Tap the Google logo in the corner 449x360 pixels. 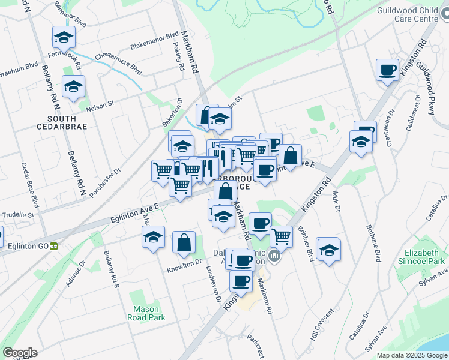pyautogui.click(x=20, y=352)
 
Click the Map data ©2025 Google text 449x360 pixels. pyautogui.click(x=412, y=355)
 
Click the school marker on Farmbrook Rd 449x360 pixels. pyautogui.click(x=64, y=38)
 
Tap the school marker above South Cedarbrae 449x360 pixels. pyautogui.click(x=73, y=87)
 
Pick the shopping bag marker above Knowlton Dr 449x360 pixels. pyautogui.click(x=184, y=243)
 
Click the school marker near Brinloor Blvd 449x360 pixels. pyautogui.click(x=329, y=250)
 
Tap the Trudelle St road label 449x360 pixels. pyautogui.click(x=17, y=214)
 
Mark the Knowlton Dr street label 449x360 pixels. pyautogui.click(x=184, y=263)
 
